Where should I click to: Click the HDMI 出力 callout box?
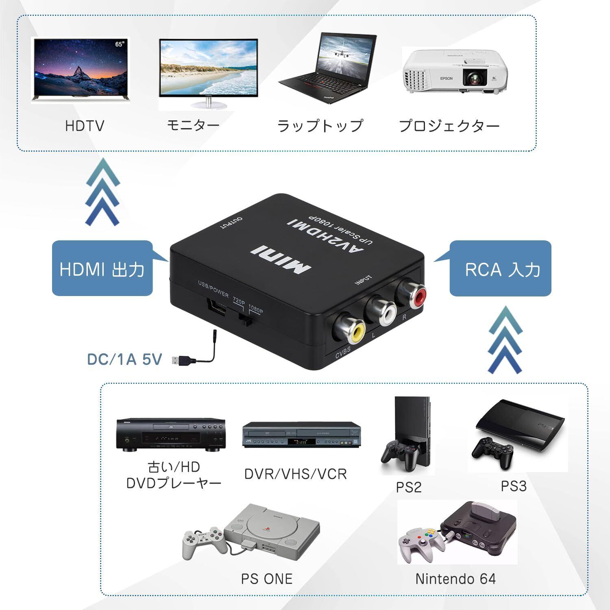(x=102, y=269)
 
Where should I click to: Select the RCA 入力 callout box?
(x=500, y=269)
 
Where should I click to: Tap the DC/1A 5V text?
(x=124, y=359)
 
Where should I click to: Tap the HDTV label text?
(x=85, y=125)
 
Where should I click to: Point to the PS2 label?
(x=409, y=487)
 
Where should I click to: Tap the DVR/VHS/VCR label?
(x=296, y=474)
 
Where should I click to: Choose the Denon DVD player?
(x=171, y=434)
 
